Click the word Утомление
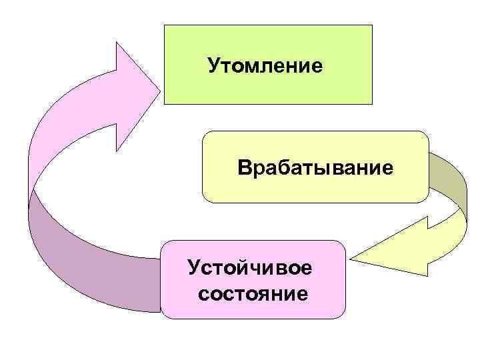click(265, 65)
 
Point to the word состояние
click(254, 293)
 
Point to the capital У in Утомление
click(213, 65)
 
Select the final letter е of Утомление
click(317, 66)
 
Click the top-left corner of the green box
click(165, 26)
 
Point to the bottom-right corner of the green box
click(371, 104)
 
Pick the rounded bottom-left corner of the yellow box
click(205, 199)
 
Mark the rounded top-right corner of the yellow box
click(425, 134)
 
